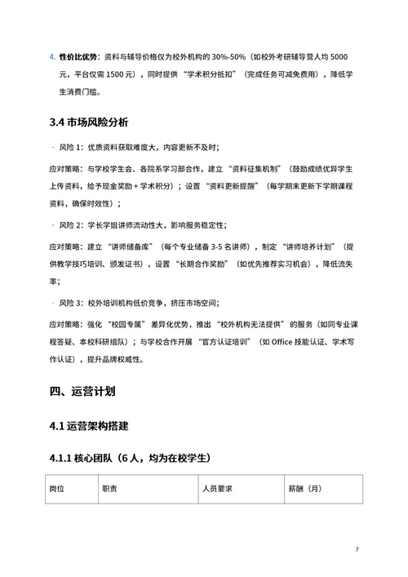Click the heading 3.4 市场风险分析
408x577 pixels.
(88, 124)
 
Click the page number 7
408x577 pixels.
(357, 548)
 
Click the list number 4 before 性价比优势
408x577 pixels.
(51, 56)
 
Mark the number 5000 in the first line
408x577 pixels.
(343, 56)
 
